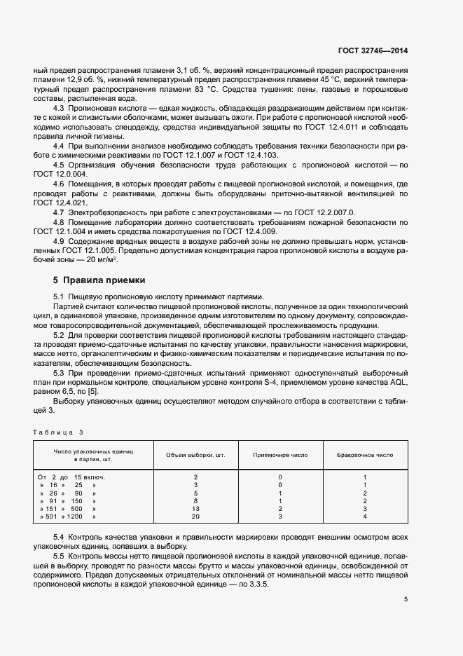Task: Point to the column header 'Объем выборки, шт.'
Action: pyautogui.click(x=195, y=455)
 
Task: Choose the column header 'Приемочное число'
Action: pyautogui.click(x=280, y=455)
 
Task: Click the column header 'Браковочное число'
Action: pyautogui.click(x=365, y=455)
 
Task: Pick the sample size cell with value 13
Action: pyautogui.click(x=195, y=509)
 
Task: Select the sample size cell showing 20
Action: pyautogui.click(x=195, y=517)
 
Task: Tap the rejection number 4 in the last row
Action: pyautogui.click(x=365, y=517)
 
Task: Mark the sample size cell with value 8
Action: pyautogui.click(x=195, y=501)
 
